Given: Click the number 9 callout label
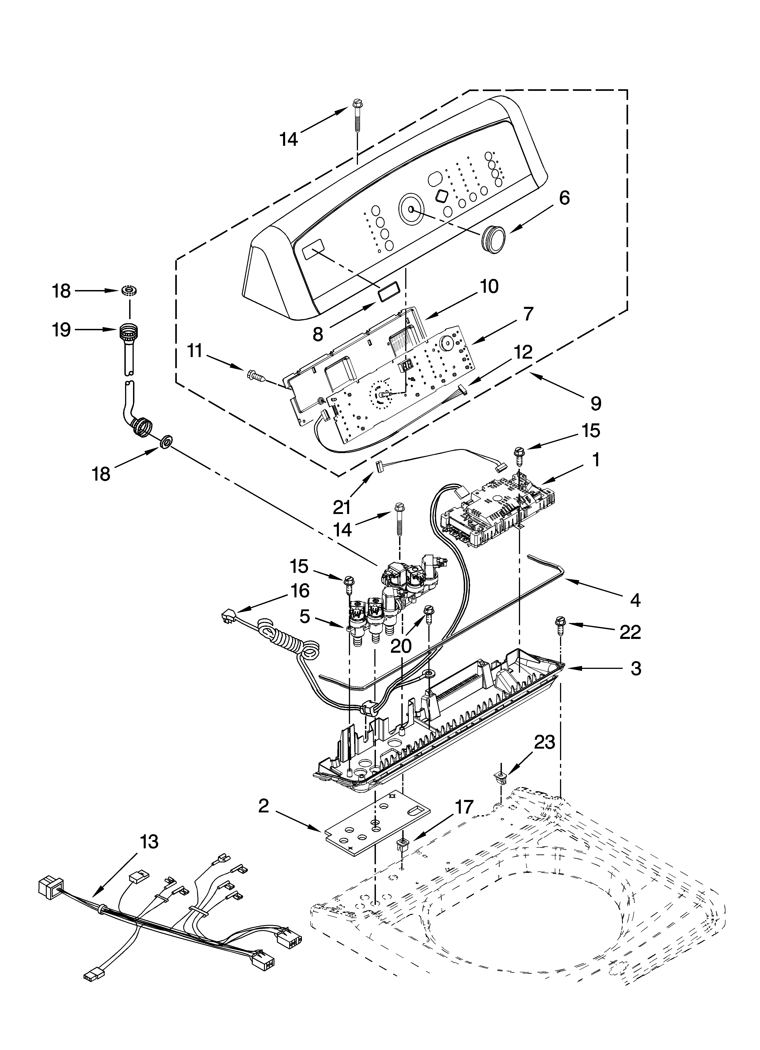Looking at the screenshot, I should (596, 404).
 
